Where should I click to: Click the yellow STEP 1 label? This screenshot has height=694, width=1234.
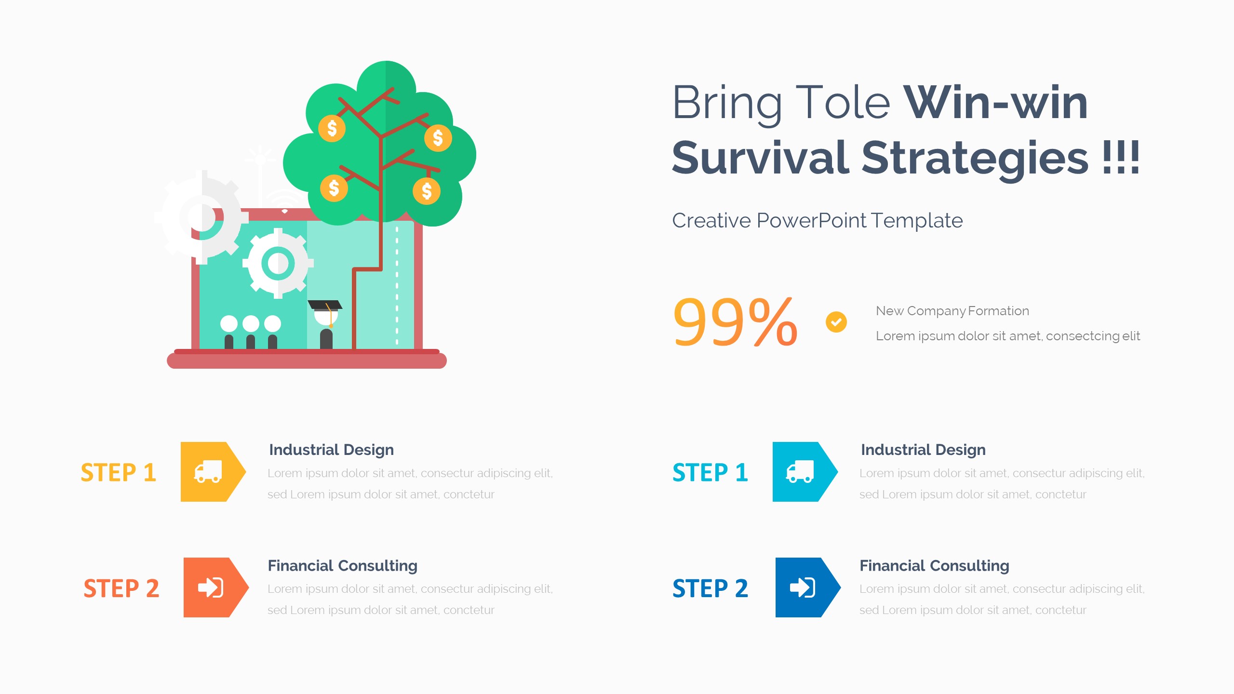point(118,472)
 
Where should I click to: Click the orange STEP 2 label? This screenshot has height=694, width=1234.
point(121,588)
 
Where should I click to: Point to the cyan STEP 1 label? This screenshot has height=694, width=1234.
point(710,472)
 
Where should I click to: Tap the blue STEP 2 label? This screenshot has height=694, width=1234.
point(710,588)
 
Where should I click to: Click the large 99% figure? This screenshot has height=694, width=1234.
point(735,322)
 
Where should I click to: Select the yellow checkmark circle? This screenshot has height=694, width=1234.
point(836,322)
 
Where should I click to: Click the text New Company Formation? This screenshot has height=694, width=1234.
point(952,311)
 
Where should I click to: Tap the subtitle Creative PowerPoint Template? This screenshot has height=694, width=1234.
point(817,221)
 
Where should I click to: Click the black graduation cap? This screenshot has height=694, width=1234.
point(325,305)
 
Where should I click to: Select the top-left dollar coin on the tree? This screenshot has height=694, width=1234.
point(332,128)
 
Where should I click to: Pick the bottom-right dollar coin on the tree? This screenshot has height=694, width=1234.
point(427,191)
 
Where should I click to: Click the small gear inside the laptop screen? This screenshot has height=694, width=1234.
point(278,263)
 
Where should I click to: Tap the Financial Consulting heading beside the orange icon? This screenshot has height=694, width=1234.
point(342,565)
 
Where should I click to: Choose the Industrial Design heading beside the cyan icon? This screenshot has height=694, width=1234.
point(923,450)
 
